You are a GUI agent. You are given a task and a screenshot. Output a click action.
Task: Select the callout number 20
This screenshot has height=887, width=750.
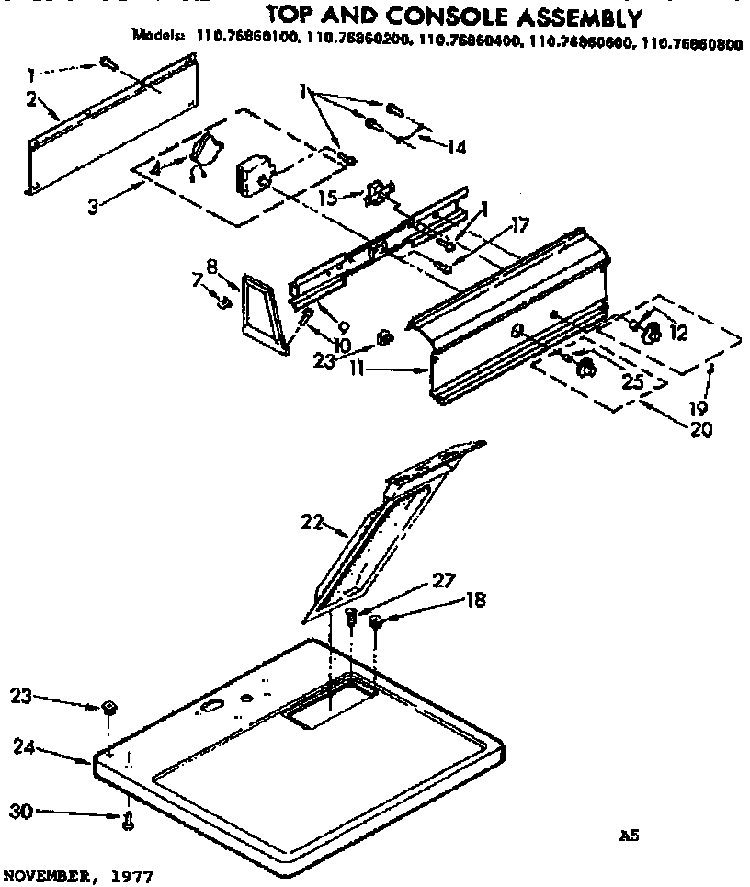[x=699, y=428]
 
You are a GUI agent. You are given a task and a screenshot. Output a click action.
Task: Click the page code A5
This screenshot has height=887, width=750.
[x=628, y=836]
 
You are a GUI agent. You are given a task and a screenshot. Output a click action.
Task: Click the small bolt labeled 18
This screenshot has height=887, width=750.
[x=376, y=623]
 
